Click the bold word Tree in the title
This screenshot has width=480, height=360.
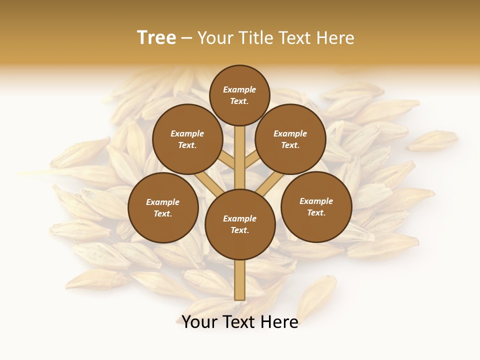(156, 37)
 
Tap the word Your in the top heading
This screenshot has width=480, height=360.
(213, 37)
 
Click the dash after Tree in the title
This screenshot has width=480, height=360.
(187, 38)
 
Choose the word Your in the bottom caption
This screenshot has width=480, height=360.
(199, 322)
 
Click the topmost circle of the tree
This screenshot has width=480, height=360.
(239, 95)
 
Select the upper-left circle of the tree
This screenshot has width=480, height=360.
(187, 139)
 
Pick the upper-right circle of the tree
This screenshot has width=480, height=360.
(290, 139)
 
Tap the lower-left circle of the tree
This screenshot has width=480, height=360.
(163, 207)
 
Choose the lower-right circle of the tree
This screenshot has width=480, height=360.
(316, 206)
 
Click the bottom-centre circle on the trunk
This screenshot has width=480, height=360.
(240, 224)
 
